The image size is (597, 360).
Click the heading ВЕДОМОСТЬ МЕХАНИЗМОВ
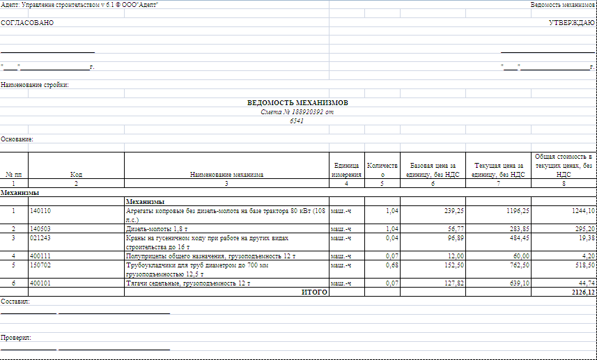[297, 103]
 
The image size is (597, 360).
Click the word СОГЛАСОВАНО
[27, 23]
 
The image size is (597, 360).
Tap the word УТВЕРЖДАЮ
[571, 23]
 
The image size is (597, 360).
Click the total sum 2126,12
[582, 292]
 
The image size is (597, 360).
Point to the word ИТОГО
[314, 292]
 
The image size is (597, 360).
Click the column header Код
[76, 175]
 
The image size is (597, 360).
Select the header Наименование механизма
[227, 175]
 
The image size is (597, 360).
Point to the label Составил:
[15, 302]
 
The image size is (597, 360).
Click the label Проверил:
[16, 337]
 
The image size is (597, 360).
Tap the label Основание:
[17, 139]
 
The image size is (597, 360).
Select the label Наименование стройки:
[35, 85]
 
